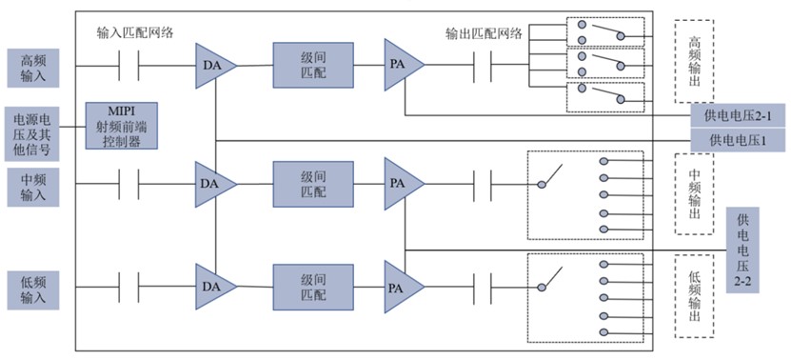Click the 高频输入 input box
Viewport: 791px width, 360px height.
coord(33,69)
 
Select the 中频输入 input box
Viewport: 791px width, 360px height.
coord(33,188)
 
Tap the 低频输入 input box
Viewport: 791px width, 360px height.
coord(33,290)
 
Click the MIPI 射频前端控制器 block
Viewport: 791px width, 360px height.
coord(121,126)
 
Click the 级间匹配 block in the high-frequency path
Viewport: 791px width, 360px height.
coord(313,65)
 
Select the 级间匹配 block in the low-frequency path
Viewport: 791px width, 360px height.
coord(313,287)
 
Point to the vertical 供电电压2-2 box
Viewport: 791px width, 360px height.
coord(742,250)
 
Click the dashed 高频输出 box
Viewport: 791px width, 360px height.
coord(695,62)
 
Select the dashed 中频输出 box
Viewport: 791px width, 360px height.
coord(695,194)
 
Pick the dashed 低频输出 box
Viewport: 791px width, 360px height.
coord(695,296)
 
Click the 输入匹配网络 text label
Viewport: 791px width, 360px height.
coord(135,33)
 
